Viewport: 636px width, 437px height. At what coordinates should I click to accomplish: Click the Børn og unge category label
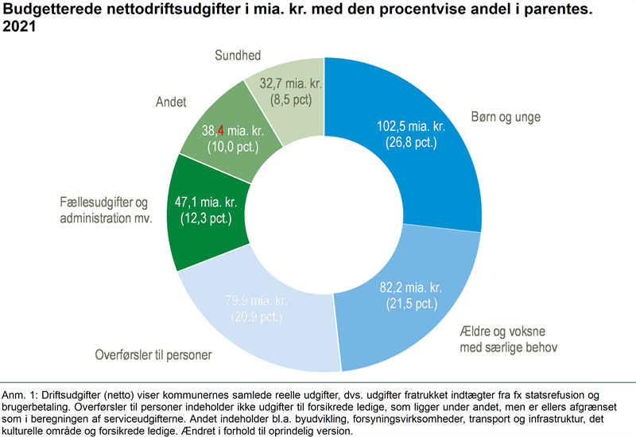506,117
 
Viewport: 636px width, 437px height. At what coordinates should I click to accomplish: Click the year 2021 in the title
21,27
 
